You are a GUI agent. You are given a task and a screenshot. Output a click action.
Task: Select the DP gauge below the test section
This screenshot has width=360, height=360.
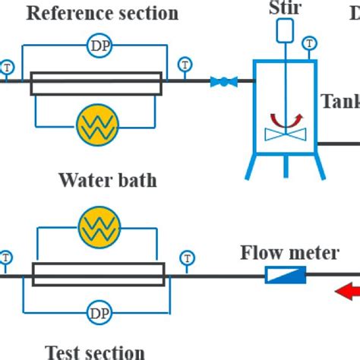click(98, 313)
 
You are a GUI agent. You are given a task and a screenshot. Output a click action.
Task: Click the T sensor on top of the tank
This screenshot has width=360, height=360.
click(309, 42)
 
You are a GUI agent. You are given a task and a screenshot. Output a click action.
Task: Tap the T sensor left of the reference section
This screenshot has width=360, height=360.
click(5, 65)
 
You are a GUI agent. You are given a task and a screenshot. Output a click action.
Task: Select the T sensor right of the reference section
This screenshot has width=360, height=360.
click(184, 64)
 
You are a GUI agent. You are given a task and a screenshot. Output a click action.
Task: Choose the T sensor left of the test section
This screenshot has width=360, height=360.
click(5, 258)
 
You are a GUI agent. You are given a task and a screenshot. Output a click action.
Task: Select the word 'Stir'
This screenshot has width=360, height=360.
click(284, 7)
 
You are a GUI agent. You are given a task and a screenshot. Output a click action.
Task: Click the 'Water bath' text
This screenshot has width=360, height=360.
click(107, 180)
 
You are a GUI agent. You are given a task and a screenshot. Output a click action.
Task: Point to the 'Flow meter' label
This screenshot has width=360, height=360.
click(289, 252)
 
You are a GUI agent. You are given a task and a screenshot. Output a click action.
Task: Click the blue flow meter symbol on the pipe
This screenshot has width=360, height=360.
click(285, 276)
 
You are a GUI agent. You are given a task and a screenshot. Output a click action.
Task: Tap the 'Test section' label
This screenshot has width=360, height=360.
click(95, 352)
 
